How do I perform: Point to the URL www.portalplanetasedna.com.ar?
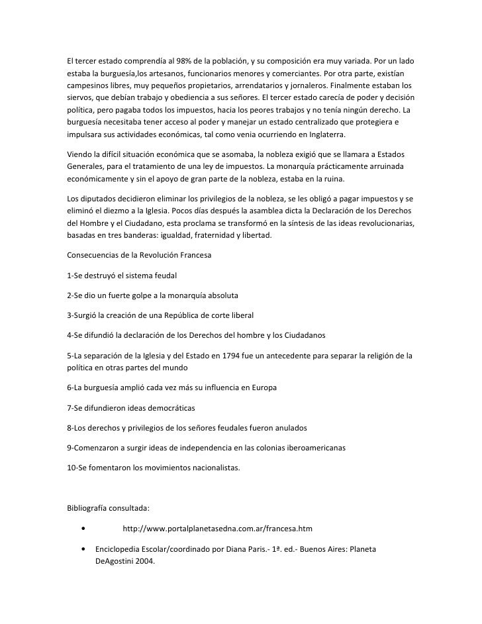217,529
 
